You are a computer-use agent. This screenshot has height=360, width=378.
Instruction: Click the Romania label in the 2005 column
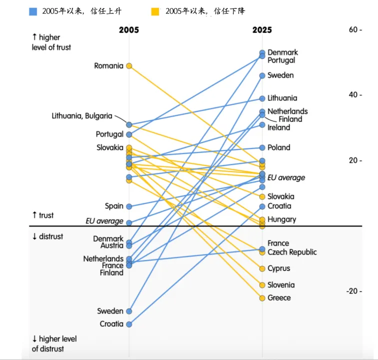tap(108, 66)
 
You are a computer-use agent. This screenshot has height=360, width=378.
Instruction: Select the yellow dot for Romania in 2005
tap(129, 66)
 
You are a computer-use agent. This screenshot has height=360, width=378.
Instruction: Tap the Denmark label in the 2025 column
tap(283, 52)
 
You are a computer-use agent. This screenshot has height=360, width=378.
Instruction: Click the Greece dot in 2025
tap(262, 298)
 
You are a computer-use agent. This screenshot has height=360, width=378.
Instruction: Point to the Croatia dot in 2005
tap(129, 324)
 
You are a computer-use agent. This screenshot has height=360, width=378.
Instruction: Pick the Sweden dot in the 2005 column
tap(129, 311)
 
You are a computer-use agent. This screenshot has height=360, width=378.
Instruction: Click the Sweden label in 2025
tap(281, 75)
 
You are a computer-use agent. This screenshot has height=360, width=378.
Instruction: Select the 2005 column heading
tap(129, 30)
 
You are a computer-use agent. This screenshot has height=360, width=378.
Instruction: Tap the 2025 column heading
tap(262, 30)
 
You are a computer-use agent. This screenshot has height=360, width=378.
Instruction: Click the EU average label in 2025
tap(286, 178)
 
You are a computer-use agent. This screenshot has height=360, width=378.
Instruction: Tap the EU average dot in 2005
tap(129, 222)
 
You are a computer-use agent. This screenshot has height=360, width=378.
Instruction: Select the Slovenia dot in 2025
tap(262, 285)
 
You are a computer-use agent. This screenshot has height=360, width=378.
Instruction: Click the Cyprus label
tap(279, 268)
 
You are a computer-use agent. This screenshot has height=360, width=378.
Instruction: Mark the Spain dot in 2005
tap(129, 206)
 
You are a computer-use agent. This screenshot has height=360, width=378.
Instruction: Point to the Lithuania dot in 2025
tap(262, 98)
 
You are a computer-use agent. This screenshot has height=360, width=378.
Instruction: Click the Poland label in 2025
tap(279, 147)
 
